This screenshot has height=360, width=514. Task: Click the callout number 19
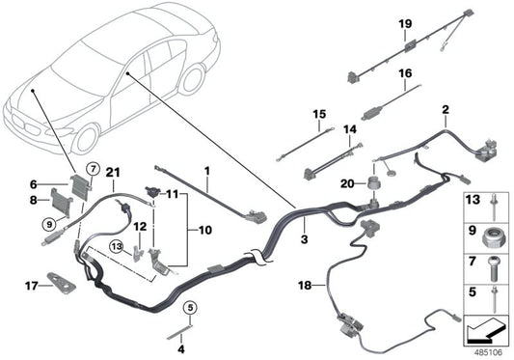[x=405, y=23]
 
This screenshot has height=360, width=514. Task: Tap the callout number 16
[x=405, y=72]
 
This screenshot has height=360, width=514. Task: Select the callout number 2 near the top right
[x=446, y=110]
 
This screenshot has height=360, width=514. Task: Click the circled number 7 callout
[x=94, y=170]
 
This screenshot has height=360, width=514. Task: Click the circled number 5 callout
[x=191, y=309]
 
